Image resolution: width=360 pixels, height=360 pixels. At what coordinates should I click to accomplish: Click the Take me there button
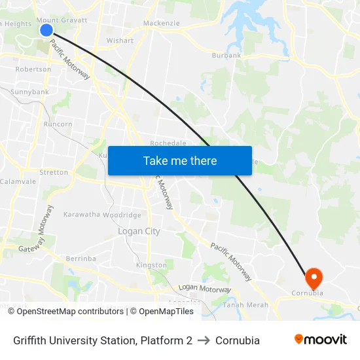point(180,160)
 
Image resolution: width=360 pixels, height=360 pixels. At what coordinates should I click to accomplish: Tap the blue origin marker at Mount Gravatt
point(46,29)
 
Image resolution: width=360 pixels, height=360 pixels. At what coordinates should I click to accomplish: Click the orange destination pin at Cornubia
point(314,278)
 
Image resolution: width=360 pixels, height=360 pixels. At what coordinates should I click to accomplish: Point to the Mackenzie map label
point(161,23)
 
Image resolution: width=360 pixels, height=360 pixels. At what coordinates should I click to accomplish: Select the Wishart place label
point(120,41)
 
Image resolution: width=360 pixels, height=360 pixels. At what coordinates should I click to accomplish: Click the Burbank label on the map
point(226,56)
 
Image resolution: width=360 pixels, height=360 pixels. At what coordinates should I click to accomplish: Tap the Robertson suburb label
point(33,69)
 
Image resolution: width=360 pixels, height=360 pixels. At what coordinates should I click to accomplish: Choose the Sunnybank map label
point(29,92)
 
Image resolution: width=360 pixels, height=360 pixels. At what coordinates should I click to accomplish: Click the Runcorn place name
point(58,124)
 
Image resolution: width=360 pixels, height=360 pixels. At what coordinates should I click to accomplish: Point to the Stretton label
point(54,172)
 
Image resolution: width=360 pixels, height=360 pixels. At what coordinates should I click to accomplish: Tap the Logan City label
point(139,231)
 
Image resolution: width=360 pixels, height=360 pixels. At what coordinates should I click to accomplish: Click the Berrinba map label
point(81,259)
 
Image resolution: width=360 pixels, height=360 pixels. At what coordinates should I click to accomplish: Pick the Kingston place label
point(151,265)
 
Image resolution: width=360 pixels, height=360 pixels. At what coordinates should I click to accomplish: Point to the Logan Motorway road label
point(205,289)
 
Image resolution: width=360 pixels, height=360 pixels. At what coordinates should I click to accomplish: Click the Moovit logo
point(321,340)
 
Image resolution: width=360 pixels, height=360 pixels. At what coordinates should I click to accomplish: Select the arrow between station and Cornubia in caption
point(204,340)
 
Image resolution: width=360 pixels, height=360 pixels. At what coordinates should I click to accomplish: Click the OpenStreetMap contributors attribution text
point(66,312)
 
